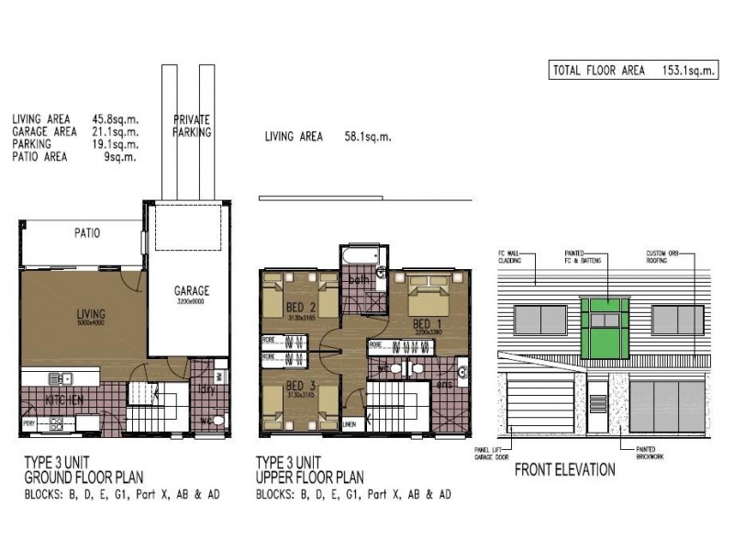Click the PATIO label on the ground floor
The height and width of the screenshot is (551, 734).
(87, 233)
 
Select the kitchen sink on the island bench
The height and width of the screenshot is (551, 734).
(60, 377)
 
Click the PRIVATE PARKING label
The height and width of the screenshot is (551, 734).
(192, 126)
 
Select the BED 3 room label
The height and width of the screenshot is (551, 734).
(295, 386)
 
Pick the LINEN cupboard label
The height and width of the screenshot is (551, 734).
(349, 425)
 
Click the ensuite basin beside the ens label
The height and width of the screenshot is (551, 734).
(462, 372)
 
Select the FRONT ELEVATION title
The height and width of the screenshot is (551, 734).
(564, 469)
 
